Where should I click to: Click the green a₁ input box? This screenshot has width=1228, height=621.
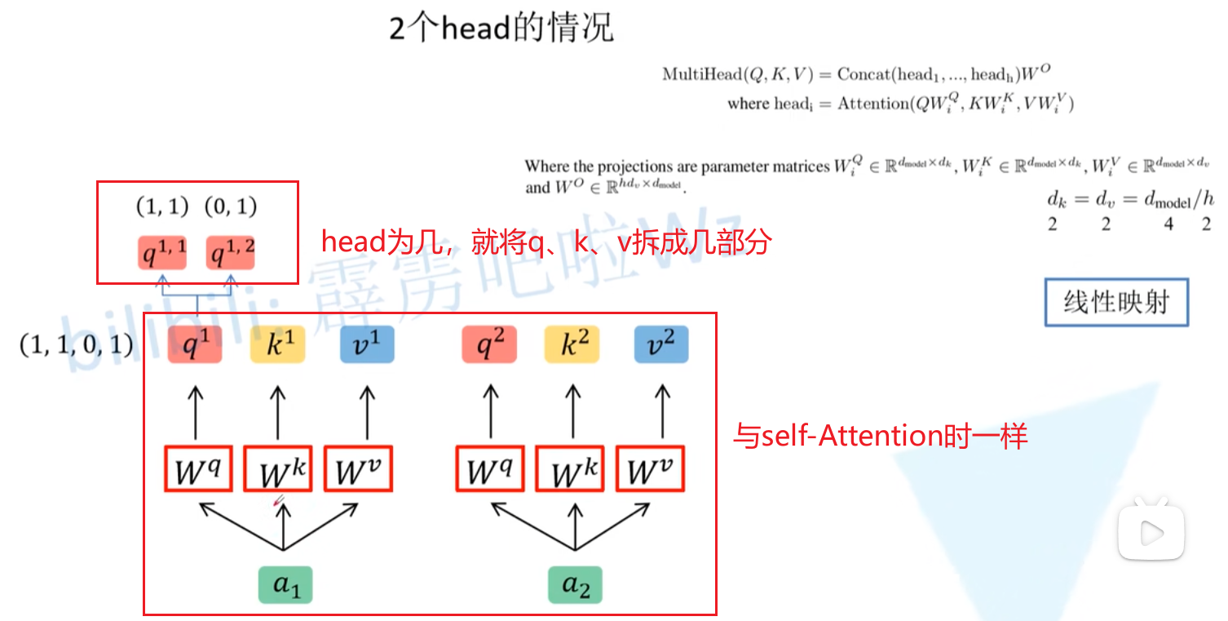coord(285,584)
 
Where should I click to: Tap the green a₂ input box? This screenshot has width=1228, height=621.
coord(575,584)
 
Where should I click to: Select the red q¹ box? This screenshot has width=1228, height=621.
coord(195,345)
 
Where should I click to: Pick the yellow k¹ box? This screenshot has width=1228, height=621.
coord(277,345)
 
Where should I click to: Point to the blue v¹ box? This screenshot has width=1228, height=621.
coord(367,345)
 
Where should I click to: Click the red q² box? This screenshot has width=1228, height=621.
coord(488,345)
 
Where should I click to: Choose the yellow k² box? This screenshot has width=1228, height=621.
coord(571,345)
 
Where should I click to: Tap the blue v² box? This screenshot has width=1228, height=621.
coord(661,345)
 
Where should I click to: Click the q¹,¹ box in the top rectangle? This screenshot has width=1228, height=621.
coord(161,252)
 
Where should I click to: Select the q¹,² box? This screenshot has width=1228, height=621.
coord(230,252)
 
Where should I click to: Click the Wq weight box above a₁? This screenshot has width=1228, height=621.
coord(197,468)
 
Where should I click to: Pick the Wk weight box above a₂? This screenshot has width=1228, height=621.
coord(569,468)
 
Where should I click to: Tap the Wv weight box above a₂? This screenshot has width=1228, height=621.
coord(650,468)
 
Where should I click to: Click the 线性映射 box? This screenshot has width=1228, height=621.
coord(1115,303)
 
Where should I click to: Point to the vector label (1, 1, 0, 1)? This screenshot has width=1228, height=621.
coord(76,345)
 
